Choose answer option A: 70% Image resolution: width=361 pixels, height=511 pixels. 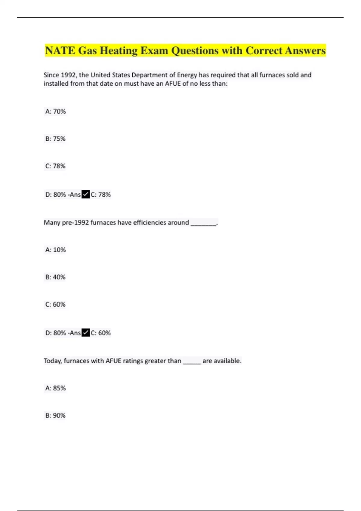(x=55, y=112)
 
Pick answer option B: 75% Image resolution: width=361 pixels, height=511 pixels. (x=55, y=139)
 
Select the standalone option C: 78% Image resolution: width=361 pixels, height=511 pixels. (x=55, y=166)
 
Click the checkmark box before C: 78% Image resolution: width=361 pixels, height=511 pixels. (x=86, y=194)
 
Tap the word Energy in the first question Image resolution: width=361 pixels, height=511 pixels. (x=187, y=75)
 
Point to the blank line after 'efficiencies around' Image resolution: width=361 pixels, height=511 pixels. (x=204, y=223)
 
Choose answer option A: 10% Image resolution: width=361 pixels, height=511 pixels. (x=55, y=250)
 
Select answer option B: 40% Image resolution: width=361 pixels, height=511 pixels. (x=55, y=277)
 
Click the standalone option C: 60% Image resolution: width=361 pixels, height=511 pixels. (x=55, y=304)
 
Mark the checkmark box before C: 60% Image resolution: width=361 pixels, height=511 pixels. (x=86, y=333)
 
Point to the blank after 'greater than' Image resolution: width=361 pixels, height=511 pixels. (x=192, y=361)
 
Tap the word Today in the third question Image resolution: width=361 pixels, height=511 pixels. (x=53, y=361)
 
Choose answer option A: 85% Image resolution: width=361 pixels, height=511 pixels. (x=55, y=388)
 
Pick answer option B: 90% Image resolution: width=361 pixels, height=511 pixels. (x=55, y=415)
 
